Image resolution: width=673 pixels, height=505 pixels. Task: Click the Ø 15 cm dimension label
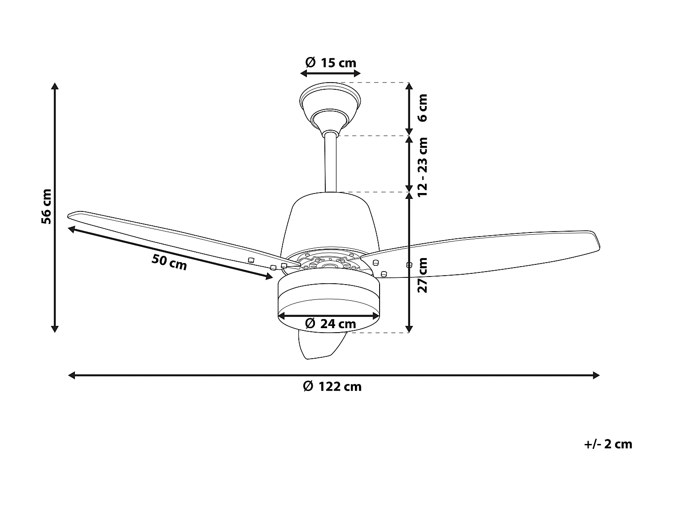(330, 62)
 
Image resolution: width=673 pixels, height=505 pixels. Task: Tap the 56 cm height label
(46, 206)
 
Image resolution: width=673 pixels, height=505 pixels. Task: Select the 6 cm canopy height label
(422, 108)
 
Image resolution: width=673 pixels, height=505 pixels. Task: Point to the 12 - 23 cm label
(422, 167)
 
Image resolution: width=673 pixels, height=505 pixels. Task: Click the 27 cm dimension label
(422, 275)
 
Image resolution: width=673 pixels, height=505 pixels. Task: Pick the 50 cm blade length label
(169, 262)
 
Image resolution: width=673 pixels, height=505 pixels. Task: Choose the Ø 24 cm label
(330, 323)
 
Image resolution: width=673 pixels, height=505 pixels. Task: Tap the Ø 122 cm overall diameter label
(332, 386)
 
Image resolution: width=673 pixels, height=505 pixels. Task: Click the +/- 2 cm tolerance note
(608, 444)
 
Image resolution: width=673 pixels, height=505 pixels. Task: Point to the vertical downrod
(330, 162)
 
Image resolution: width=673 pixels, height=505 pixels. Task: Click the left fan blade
(170, 238)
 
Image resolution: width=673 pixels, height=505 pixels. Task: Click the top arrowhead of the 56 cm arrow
(55, 86)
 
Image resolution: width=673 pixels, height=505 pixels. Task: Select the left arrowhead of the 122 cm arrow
(71, 375)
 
